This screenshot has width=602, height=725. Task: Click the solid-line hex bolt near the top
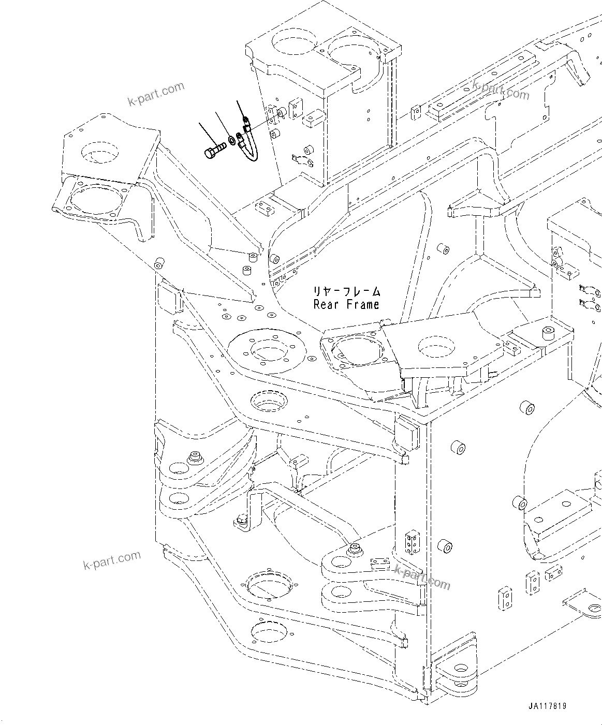pyautogui.click(x=214, y=152)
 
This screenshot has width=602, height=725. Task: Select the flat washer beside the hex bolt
pyautogui.click(x=231, y=140)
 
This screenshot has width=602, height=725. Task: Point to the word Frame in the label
pyautogui.click(x=363, y=304)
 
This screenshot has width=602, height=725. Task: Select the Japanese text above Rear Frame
pyautogui.click(x=346, y=291)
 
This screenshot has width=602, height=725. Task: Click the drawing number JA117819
pyautogui.click(x=547, y=706)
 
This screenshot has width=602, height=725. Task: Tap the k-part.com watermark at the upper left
pyautogui.click(x=156, y=93)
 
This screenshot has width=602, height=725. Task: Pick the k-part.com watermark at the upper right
pyautogui.click(x=501, y=90)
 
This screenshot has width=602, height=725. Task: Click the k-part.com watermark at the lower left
pyautogui.click(x=112, y=560)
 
